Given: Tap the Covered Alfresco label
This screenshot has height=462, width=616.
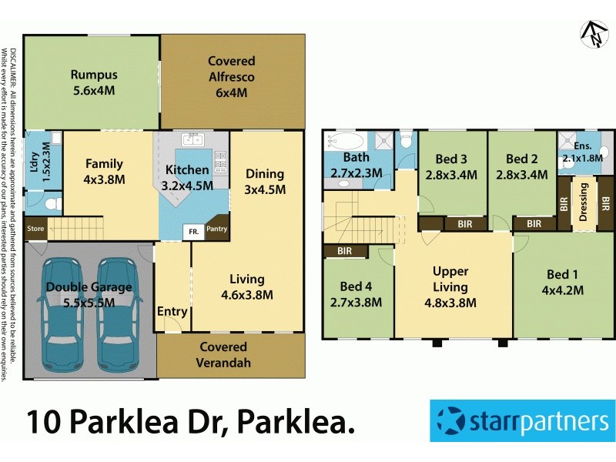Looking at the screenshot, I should pyautogui.click(x=231, y=61).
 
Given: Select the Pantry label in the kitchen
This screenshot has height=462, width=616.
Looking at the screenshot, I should pyautogui.click(x=217, y=229).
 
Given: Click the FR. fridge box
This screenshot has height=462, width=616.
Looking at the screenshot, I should pyautogui.click(x=188, y=230).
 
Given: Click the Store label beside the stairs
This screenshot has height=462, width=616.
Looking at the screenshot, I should pyautogui.click(x=35, y=229).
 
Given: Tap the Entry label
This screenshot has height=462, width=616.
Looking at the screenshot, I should pyautogui.click(x=172, y=311).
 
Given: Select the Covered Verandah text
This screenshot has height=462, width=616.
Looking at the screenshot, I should pyautogui.click(x=224, y=354).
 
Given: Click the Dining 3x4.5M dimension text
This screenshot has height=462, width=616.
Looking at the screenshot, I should pyautogui.click(x=265, y=189).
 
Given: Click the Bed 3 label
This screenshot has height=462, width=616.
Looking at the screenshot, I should pyautogui.click(x=451, y=159).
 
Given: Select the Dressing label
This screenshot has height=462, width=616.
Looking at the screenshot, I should pyautogui.click(x=584, y=203).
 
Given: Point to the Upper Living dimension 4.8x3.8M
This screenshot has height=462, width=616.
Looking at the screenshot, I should pyautogui.click(x=450, y=302).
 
